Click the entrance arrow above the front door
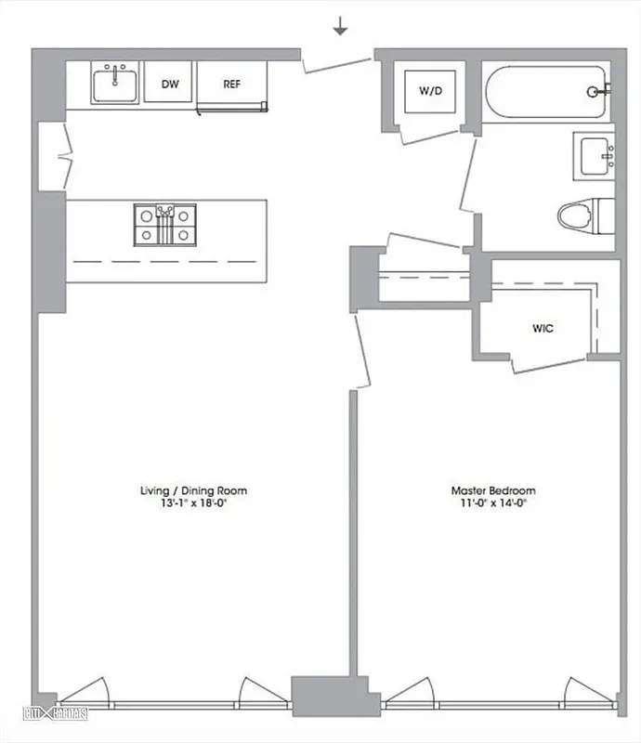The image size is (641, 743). pyautogui.click(x=341, y=28)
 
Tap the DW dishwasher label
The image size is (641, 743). pyautogui.click(x=170, y=85)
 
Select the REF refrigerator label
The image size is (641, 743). pyautogui.click(x=232, y=85)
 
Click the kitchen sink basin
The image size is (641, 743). pyautogui.click(x=115, y=85)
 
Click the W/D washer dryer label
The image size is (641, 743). pyautogui.click(x=429, y=91)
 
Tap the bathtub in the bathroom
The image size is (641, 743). pyautogui.click(x=546, y=91)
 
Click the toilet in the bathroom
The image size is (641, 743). pyautogui.click(x=585, y=215)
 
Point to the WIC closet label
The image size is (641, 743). pyautogui.click(x=543, y=328)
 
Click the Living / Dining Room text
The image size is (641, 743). pyautogui.click(x=193, y=490)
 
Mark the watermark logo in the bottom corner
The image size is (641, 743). pyautogui.click(x=56, y=714)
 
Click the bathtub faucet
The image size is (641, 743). pyautogui.click(x=598, y=91)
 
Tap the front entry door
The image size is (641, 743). pyautogui.click(x=337, y=62)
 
